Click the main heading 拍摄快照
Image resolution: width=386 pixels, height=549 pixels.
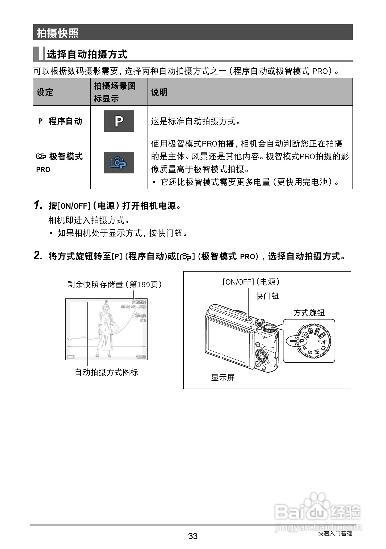[x=57, y=33]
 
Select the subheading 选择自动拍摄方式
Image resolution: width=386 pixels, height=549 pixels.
[x=87, y=54]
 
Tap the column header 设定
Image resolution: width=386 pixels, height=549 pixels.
[x=45, y=92]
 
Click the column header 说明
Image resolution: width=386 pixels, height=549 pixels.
[x=159, y=92]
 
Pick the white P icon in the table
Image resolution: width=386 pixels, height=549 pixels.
[x=119, y=121]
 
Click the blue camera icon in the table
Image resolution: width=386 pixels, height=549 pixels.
[x=119, y=163]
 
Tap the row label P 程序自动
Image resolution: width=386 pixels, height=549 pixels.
[x=60, y=121]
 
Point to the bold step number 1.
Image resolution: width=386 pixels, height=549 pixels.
[x=38, y=205]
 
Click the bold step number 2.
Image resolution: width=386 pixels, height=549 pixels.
[x=38, y=256]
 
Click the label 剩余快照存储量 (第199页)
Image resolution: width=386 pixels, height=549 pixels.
[x=115, y=285]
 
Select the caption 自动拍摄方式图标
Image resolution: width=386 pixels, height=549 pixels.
[x=106, y=372]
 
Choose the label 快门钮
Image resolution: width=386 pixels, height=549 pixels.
[x=267, y=296]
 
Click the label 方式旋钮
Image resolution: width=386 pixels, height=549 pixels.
[x=309, y=313]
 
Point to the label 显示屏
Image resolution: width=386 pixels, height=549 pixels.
[x=223, y=377]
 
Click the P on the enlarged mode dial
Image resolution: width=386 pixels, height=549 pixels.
[x=301, y=341]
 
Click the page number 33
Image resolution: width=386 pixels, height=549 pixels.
[x=193, y=536]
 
